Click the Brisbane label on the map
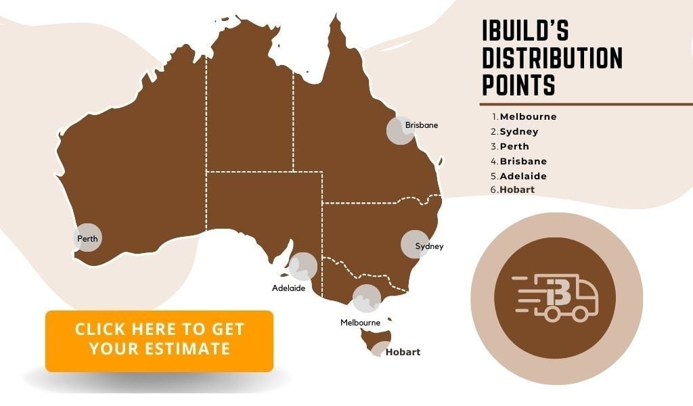[x=421, y=125]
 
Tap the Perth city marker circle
[x=87, y=238]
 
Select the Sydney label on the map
[x=429, y=246]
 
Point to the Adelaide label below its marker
[x=288, y=288]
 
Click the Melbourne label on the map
[x=360, y=323]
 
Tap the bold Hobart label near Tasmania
[x=403, y=352]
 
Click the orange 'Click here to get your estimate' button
[x=159, y=340]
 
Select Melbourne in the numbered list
[x=528, y=116]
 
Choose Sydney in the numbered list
[x=519, y=131]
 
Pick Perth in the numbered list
[x=514, y=146]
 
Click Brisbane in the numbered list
[x=523, y=161]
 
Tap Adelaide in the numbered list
[x=523, y=176]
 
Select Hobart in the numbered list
[x=517, y=190]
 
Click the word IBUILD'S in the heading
[x=525, y=31]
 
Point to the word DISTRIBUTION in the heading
[x=552, y=58]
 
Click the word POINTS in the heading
[x=518, y=86]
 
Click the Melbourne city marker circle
[x=367, y=298]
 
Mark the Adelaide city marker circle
[x=303, y=266]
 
